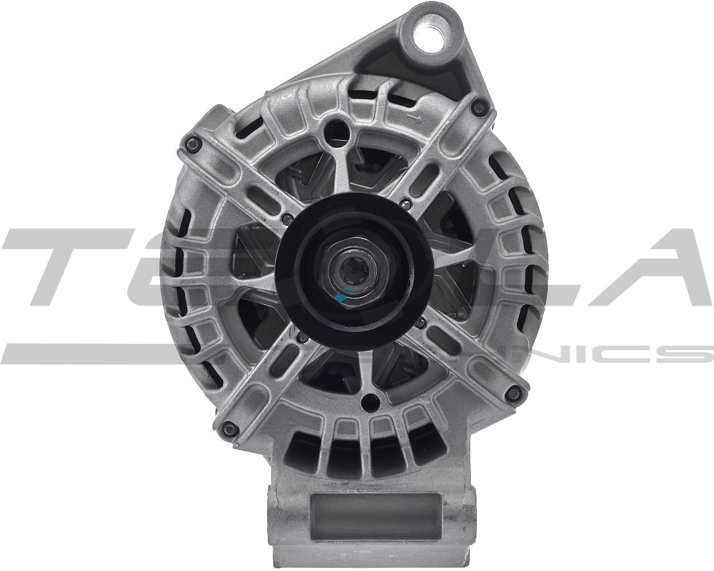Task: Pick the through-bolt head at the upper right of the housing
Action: [476, 109]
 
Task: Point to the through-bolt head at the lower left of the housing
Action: [226, 428]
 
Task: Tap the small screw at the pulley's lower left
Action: [302, 336]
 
